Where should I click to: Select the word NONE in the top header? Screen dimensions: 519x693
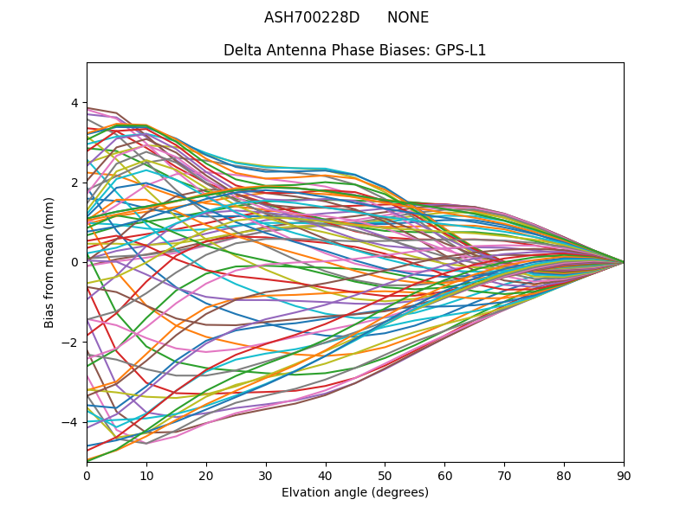(x=408, y=17)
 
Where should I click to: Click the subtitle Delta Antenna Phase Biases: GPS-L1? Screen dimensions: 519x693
(x=354, y=50)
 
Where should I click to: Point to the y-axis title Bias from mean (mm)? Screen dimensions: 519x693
(x=49, y=262)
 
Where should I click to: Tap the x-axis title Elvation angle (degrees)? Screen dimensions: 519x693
(x=354, y=492)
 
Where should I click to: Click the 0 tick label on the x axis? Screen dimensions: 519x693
(x=87, y=475)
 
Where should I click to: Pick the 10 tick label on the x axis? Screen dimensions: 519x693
(x=146, y=475)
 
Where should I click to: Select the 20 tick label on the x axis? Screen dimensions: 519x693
(x=206, y=475)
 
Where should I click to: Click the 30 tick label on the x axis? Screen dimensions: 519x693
(x=266, y=475)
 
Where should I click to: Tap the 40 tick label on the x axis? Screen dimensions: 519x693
(x=326, y=475)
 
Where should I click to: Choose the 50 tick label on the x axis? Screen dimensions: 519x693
(x=385, y=475)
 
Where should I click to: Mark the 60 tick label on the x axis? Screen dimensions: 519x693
(x=444, y=475)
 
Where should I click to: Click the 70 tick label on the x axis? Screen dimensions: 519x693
(x=504, y=475)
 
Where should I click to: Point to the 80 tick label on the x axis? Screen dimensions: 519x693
(x=564, y=475)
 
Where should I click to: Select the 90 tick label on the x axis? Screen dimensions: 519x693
(x=624, y=475)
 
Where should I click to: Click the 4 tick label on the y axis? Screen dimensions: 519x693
(x=74, y=103)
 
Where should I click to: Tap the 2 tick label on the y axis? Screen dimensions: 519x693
(x=74, y=183)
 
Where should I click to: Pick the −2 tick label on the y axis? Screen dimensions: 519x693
(x=71, y=342)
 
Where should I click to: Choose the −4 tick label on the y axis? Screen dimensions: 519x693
(x=71, y=421)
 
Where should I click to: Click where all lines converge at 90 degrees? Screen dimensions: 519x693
(x=623, y=262)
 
